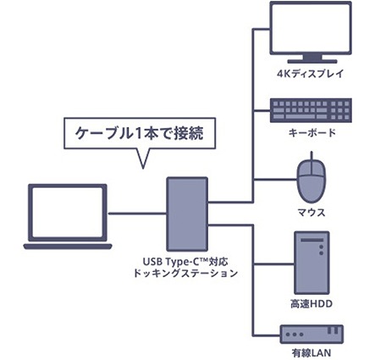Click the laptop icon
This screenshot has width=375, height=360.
coord(68,217)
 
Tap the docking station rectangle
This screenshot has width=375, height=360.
coord(187,214)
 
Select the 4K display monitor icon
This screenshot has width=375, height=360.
coord(311,32)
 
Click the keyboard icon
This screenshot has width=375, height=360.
coord(311,110)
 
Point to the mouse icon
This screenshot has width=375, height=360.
coord(312,180)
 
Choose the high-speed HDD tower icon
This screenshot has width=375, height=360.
coord(312,263)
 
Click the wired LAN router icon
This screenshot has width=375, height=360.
coord(312,335)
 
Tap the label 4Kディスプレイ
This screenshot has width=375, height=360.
coord(311,74)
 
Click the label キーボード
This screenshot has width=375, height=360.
coord(312,132)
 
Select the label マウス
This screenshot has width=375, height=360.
coord(312,213)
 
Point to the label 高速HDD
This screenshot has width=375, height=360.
coord(312,304)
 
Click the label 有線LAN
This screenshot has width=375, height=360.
coord(312,353)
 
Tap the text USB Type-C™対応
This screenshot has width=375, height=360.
coord(185,263)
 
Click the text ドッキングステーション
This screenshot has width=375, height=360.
coord(185,274)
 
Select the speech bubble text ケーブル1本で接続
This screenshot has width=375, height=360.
coord(140,133)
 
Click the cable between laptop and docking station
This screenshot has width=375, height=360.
coord(137,213)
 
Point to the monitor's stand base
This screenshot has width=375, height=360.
coord(312,61)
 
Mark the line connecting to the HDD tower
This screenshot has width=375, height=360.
coord(273,264)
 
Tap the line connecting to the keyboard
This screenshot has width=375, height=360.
coord(262,110)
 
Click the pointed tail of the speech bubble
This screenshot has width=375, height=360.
coord(143,169)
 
